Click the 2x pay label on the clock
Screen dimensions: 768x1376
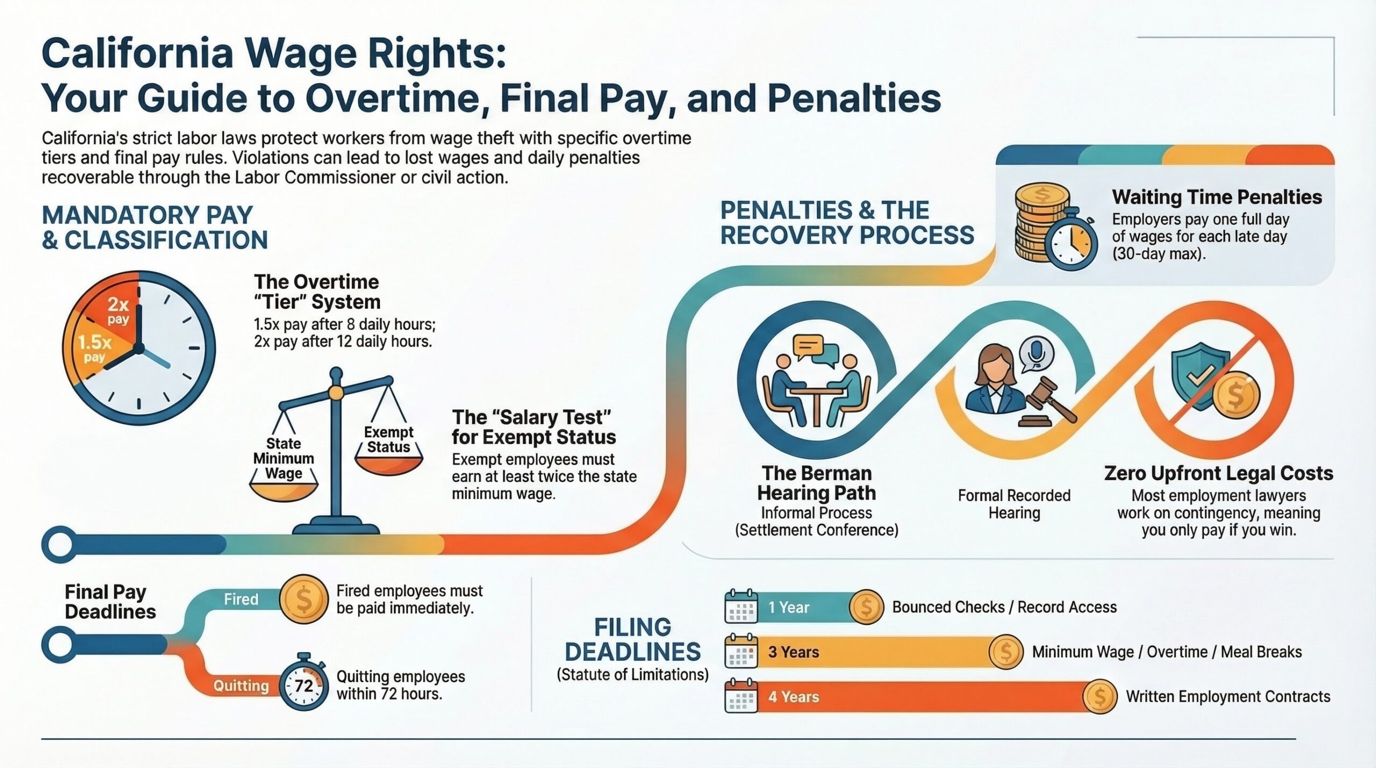118,310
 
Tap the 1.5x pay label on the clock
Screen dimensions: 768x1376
95,348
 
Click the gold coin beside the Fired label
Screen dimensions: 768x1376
304,599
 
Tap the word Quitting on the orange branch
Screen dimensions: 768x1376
241,686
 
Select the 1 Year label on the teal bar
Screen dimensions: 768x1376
789,607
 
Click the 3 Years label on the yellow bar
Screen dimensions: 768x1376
793,652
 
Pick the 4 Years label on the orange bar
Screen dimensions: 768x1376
793,697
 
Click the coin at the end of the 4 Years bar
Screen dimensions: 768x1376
1100,697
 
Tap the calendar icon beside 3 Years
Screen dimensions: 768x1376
741,651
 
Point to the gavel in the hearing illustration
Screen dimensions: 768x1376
1048,400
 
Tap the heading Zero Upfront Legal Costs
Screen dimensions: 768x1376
1219,473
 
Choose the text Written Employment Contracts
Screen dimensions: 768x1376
1228,697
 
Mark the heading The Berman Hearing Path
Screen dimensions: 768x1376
816,483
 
